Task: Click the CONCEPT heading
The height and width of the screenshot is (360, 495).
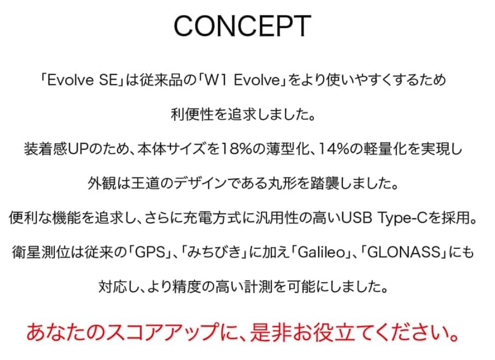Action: [x=242, y=26]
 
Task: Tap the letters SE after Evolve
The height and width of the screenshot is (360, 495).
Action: [x=108, y=80]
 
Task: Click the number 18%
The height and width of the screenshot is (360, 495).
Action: [x=235, y=149]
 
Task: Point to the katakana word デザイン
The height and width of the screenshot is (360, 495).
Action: [x=200, y=184]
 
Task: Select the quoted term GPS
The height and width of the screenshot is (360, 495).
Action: [x=151, y=253]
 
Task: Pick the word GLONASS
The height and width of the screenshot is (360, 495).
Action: [x=404, y=253]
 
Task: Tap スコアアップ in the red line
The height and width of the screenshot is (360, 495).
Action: [x=162, y=333]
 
